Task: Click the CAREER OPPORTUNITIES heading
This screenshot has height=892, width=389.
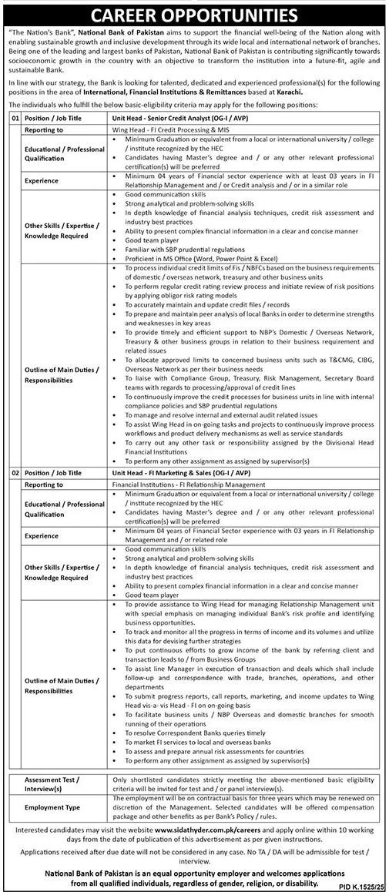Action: [194, 15]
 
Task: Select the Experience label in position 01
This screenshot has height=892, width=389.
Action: [45, 180]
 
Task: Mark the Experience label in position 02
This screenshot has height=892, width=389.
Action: [45, 513]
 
